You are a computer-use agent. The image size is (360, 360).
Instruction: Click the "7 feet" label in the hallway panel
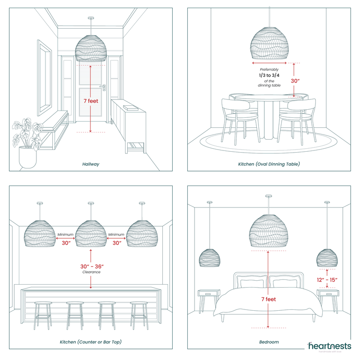[91, 101]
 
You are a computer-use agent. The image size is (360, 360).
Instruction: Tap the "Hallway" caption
[91, 164]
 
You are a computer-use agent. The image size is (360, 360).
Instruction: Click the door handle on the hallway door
[103, 87]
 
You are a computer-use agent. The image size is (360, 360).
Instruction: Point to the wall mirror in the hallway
[44, 78]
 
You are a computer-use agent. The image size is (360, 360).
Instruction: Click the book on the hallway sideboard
[131, 108]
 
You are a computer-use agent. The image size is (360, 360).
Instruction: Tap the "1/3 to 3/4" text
[269, 75]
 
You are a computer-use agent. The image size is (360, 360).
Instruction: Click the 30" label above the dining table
[295, 81]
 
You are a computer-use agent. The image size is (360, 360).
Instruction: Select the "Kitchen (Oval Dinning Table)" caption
[269, 164]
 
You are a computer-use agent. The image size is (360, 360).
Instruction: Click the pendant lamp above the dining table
[269, 43]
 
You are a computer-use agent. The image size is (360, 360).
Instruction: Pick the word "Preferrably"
[269, 69]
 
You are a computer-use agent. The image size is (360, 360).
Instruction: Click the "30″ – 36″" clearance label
[92, 266]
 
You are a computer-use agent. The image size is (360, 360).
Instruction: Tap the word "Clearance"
[91, 272]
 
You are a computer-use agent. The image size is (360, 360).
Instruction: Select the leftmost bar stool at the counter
[43, 315]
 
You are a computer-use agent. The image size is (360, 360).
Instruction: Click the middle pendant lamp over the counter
[91, 234]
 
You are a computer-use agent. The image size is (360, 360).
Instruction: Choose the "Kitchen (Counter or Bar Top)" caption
[91, 342]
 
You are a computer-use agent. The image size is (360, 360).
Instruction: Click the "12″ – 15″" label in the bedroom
[327, 280]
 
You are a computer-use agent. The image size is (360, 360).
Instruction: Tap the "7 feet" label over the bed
[268, 299]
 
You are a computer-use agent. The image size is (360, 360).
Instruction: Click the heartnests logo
[329, 346]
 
